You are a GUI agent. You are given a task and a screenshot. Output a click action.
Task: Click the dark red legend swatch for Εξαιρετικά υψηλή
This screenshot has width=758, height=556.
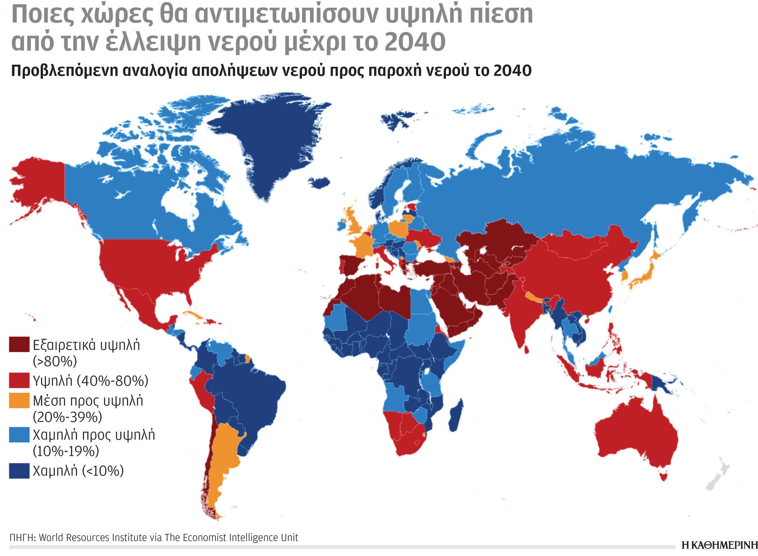click(x=19, y=344)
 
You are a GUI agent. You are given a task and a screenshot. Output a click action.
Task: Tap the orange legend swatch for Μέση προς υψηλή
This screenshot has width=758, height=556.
click(x=19, y=401)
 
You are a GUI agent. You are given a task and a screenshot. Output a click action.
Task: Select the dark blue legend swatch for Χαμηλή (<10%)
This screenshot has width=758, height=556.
click(x=19, y=471)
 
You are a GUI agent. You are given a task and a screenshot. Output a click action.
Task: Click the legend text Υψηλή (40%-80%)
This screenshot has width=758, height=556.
click(x=90, y=381)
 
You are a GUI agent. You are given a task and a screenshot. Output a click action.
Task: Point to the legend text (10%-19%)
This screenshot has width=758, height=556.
click(x=66, y=451)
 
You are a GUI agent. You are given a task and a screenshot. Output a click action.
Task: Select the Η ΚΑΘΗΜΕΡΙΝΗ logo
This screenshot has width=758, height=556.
click(x=719, y=545)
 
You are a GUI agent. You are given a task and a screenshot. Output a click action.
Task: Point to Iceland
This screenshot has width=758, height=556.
click(x=319, y=182)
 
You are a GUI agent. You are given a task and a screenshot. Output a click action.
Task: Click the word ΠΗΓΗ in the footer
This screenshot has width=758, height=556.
click(x=21, y=538)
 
